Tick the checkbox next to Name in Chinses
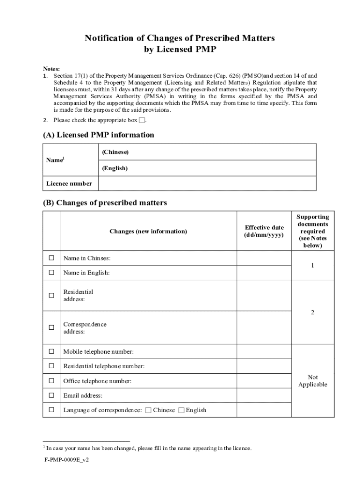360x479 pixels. [51, 258]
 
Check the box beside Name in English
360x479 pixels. [51, 272]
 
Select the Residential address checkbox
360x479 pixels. [51, 295]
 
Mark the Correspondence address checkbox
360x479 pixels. [51, 327]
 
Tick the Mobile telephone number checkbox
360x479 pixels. [51, 351]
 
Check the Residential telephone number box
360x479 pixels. [51, 366]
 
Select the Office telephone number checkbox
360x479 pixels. [51, 381]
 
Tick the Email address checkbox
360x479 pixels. [51, 395]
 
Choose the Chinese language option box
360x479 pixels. [148, 410]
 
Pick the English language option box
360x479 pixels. [181, 410]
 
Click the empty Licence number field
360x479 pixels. [207, 183]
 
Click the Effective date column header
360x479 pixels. [264, 231]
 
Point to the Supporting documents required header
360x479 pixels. [312, 231]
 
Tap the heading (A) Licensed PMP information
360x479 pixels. [98, 135]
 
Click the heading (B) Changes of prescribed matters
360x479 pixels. [105, 203]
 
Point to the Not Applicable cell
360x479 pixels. [312, 381]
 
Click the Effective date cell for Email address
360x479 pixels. [264, 395]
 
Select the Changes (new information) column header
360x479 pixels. [148, 231]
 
